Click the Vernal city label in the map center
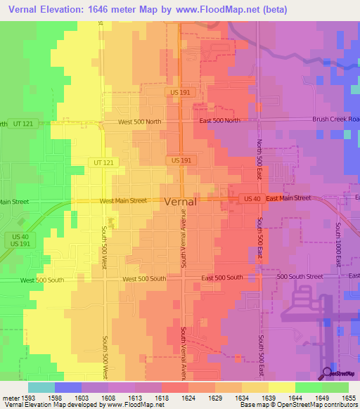(x=180, y=201)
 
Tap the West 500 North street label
(x=139, y=122)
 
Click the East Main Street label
(x=288, y=198)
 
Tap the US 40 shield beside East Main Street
(x=252, y=199)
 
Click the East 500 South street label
(x=221, y=279)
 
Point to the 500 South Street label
(x=300, y=278)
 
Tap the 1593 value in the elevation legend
(x=28, y=398)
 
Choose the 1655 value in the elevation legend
(x=349, y=398)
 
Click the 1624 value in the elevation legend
(x=188, y=398)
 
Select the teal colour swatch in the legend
(x=41, y=387)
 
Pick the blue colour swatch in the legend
(x=68, y=387)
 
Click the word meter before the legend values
(x=10, y=398)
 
